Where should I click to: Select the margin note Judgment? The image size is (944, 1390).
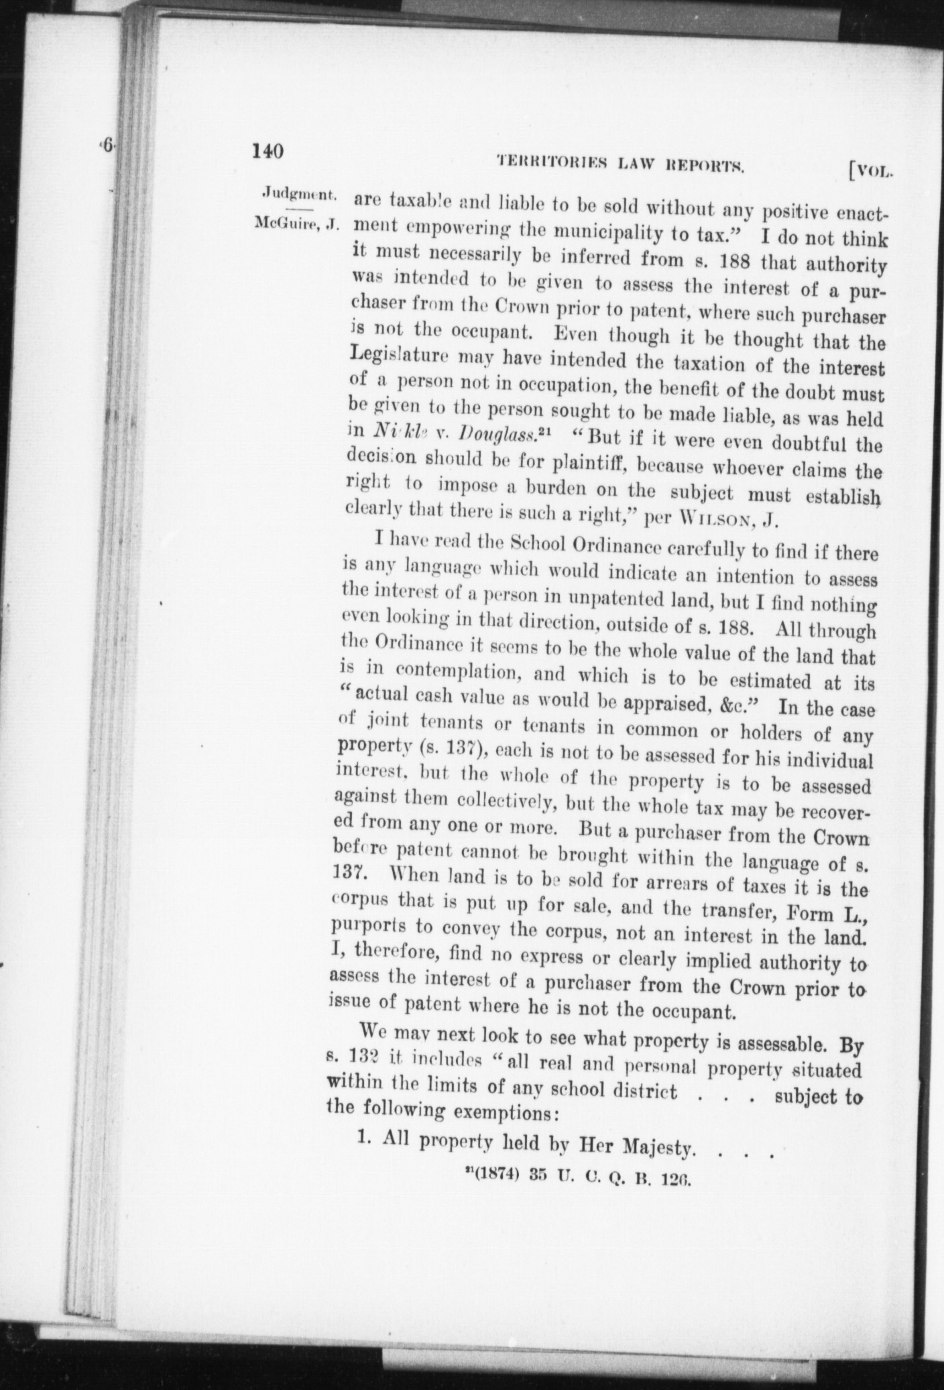[x=298, y=194]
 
